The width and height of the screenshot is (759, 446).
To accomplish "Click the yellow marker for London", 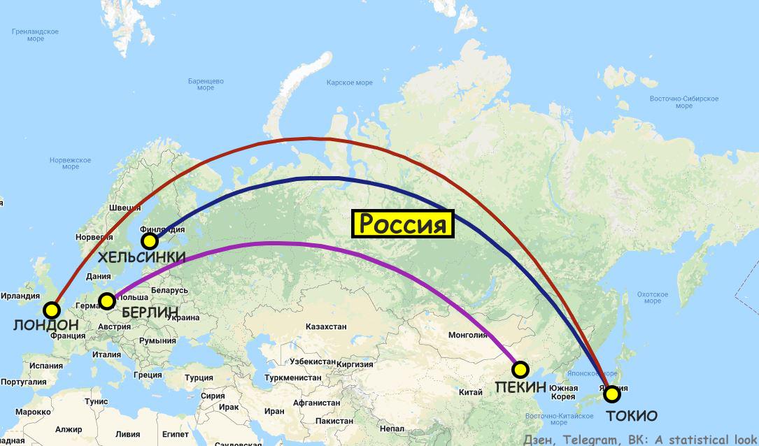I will (51, 310).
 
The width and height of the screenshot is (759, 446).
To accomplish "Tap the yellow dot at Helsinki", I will (149, 241).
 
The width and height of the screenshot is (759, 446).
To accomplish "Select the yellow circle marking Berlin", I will (106, 301).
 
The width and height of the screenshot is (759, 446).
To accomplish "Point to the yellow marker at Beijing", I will (520, 369).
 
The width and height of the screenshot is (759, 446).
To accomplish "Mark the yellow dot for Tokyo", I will (612, 394).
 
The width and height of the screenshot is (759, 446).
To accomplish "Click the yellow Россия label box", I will (402, 224).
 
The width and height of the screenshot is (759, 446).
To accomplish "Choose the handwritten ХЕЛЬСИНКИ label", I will (142, 258).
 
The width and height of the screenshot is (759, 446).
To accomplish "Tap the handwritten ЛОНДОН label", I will (45, 325).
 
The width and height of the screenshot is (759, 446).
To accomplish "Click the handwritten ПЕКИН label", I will (521, 387).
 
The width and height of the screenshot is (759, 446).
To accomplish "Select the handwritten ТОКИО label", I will (631, 416).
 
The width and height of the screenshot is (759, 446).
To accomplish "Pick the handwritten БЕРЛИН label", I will (150, 312).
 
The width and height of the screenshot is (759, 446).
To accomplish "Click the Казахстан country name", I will (326, 326).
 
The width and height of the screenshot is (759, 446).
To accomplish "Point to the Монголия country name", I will (467, 335).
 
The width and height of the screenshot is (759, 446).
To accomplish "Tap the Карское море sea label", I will (350, 82).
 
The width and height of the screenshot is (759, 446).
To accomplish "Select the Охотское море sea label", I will (652, 297).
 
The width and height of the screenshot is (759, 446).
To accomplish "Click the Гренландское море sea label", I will (35, 35).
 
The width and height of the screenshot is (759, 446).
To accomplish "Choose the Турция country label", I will (199, 377).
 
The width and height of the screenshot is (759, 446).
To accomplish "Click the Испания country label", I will (46, 366).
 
